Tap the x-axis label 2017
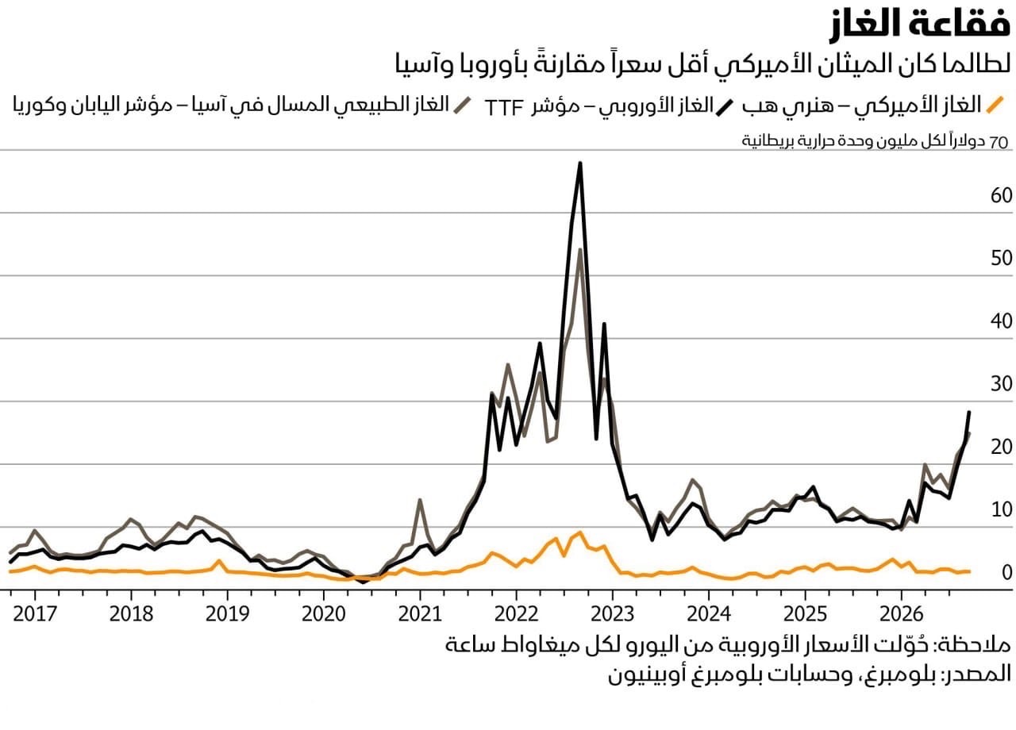pos(35,614)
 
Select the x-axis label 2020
pos(323,614)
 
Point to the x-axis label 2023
pos(612,614)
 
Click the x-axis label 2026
pos(901,614)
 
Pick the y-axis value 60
pos(1001,195)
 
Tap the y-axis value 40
pos(1001,321)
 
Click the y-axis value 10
pos(1002,509)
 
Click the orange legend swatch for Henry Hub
pos(995,105)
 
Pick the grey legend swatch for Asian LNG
pos(462,105)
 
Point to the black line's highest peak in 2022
pos(580,163)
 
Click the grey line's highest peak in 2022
pos(580,250)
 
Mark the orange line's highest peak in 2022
pos(579,532)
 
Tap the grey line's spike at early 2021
pos(420,500)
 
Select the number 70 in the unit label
pos(999,142)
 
